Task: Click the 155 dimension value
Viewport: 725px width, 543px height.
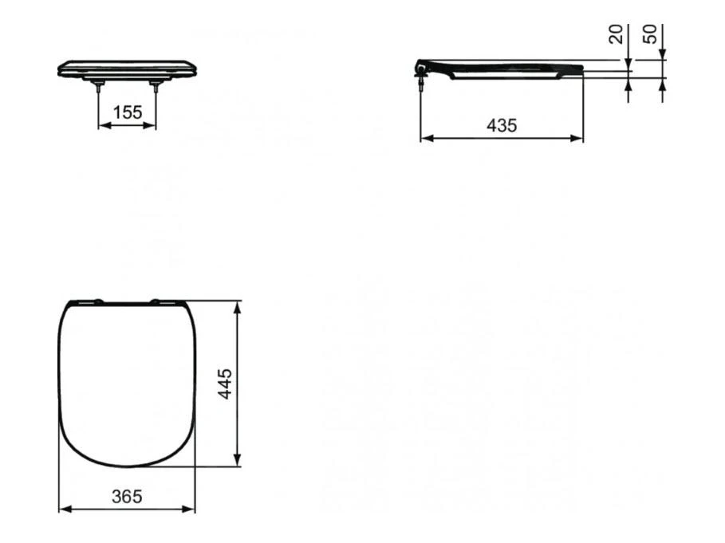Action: click(x=127, y=112)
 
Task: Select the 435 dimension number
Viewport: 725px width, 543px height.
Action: click(x=502, y=125)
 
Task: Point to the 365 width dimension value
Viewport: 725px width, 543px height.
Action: click(x=126, y=496)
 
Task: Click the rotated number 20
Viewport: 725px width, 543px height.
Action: click(x=616, y=34)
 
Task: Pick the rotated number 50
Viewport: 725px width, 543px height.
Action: click(x=650, y=34)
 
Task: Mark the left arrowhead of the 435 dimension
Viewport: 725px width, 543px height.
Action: click(x=425, y=138)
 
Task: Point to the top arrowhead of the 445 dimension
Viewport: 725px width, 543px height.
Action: click(x=237, y=306)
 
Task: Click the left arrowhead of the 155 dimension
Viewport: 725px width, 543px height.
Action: click(x=103, y=125)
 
